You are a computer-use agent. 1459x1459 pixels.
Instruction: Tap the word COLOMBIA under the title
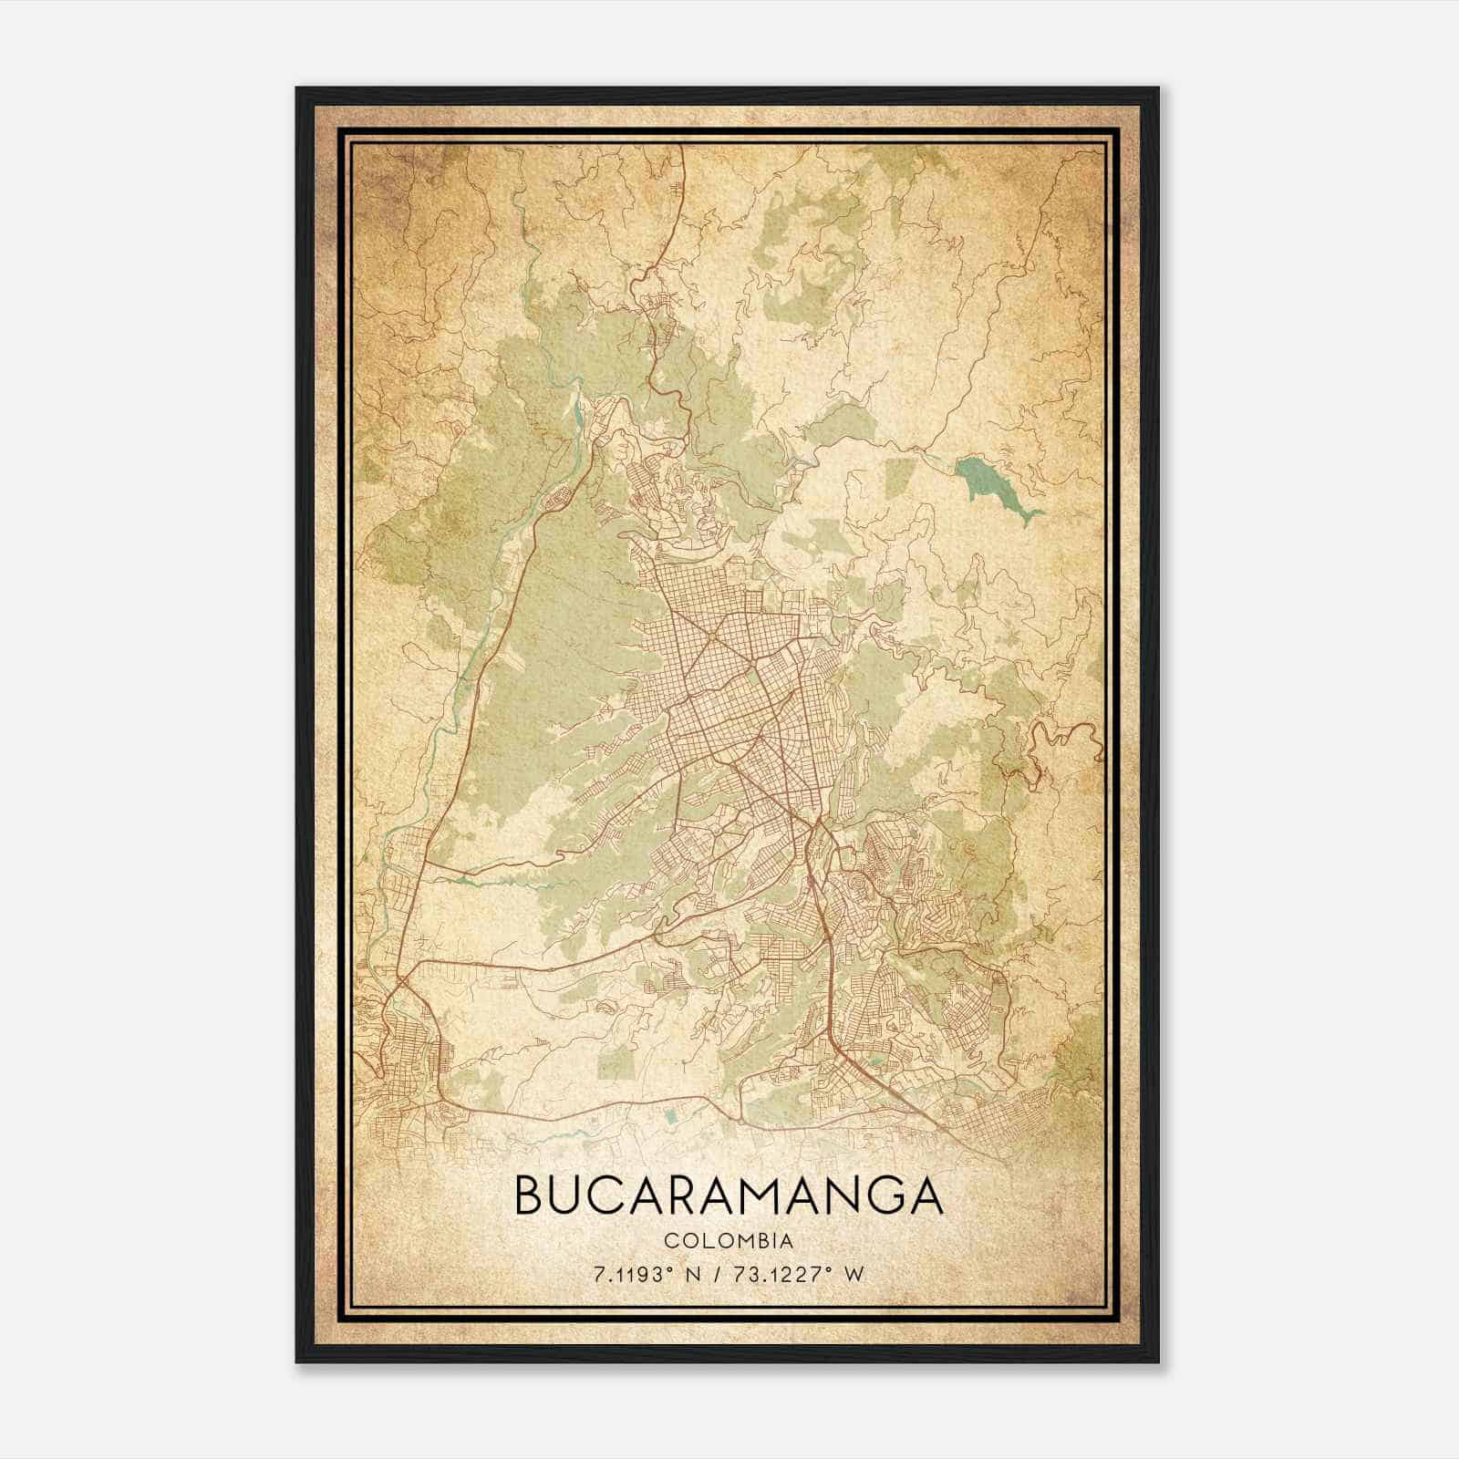tap(729, 1241)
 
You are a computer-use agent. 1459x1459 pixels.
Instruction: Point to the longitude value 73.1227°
tap(786, 1275)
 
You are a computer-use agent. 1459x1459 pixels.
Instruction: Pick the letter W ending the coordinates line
tap(854, 1275)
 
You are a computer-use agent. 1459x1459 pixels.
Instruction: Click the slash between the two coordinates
tap(720, 1275)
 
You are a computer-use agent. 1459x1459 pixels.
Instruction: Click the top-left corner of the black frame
tap(297, 88)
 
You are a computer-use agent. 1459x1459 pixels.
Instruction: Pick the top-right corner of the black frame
tap(1158, 88)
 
